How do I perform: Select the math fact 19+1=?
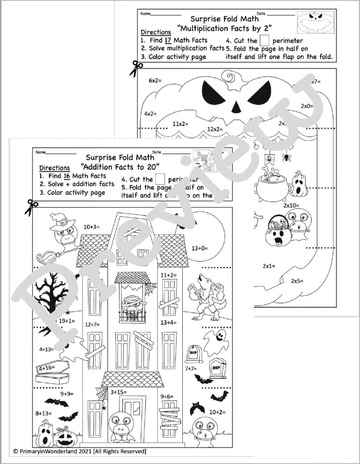(67, 321)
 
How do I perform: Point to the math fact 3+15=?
(119, 392)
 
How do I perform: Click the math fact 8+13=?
(44, 413)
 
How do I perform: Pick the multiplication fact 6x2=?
(156, 81)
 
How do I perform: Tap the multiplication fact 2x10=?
(291, 205)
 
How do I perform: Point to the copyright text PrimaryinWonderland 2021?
(80, 452)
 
